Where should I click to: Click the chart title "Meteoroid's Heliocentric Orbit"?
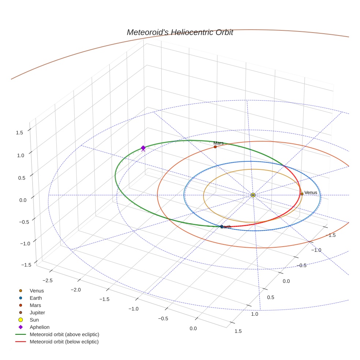(180, 32)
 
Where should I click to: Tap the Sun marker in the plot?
(253, 195)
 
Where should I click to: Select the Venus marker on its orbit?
(302, 194)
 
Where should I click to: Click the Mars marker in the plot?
(215, 147)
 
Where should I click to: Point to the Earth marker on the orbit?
(221, 227)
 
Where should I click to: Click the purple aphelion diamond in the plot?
(143, 147)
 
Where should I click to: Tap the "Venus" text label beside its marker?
(311, 192)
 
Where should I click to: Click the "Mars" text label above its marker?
(218, 143)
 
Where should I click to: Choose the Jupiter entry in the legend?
(37, 312)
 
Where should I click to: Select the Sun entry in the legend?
(34, 320)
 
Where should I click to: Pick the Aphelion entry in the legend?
(40, 327)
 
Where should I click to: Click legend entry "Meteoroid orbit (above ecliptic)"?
(64, 334)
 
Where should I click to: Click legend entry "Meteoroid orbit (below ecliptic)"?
(64, 342)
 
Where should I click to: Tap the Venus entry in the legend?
(37, 290)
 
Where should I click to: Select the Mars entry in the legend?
(35, 305)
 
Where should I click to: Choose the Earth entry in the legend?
(35, 298)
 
